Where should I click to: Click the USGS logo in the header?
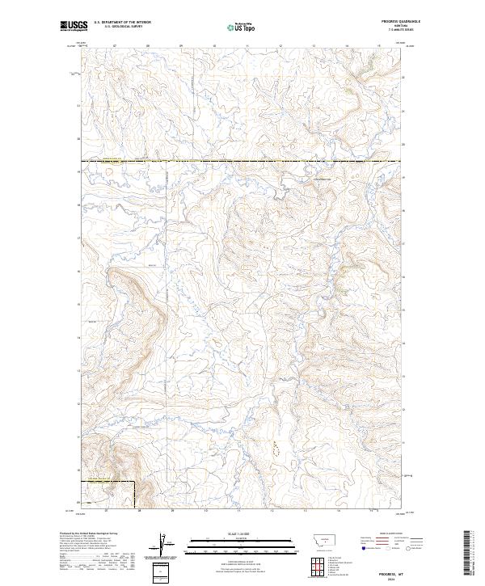(73, 26)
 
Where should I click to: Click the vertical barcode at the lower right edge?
(471, 554)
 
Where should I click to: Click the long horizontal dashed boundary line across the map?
(242, 162)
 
